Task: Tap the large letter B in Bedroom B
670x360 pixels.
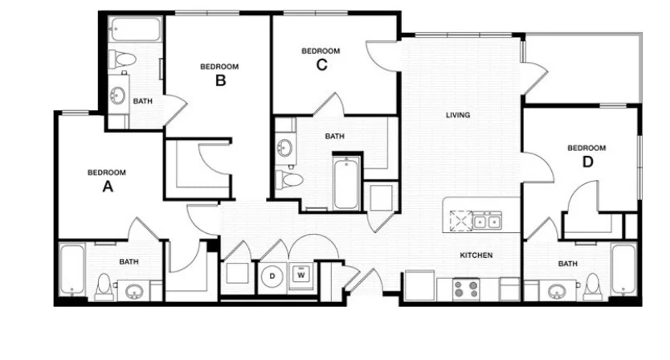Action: pos(220,80)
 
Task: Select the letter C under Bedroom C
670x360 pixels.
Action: pos(322,64)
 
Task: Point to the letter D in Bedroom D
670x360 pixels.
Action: pos(588,162)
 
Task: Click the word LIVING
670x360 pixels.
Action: pos(458,115)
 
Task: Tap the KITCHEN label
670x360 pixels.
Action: pos(476,256)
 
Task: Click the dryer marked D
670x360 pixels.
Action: pos(272,276)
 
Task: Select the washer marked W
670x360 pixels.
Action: pos(301,275)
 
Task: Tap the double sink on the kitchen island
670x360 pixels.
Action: pos(487,222)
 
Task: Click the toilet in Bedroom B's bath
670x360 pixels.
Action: pos(122,58)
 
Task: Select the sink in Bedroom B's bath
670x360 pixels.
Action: pos(117,95)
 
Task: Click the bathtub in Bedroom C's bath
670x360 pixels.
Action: pos(346,183)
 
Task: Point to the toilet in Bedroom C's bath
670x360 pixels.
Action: pos(289,179)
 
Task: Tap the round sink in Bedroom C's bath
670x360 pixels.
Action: pos(284,149)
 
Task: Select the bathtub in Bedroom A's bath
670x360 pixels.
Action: pos(71,270)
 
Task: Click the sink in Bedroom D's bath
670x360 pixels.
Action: pos(557,292)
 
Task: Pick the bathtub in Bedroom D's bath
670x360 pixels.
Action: pos(624,269)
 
